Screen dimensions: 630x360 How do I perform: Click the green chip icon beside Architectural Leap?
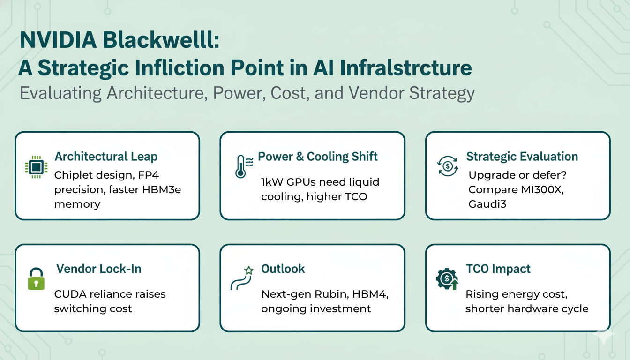click(x=36, y=167)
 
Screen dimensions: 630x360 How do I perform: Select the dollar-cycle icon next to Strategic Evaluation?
click(x=448, y=166)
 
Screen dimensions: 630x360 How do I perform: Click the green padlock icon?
click(x=36, y=279)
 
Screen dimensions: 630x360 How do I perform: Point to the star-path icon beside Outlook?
click(x=241, y=278)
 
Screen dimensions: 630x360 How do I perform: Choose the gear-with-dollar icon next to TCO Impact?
click(x=447, y=279)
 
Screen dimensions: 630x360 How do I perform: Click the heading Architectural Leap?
click(x=106, y=157)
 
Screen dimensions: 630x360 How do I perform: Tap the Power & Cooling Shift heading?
click(x=317, y=157)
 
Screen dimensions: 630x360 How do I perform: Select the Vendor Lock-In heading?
click(x=99, y=269)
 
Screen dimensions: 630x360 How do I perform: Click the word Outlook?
click(x=283, y=269)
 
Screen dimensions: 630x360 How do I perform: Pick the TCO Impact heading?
click(x=498, y=269)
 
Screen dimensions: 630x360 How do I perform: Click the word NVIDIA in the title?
click(x=59, y=40)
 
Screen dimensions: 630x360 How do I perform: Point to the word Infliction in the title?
click(x=180, y=68)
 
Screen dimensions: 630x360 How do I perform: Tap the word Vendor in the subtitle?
click(x=376, y=93)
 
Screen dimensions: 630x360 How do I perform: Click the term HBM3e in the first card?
click(x=161, y=189)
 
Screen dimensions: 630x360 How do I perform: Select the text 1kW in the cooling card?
click(x=272, y=182)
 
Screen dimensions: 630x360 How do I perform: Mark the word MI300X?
click(x=542, y=189)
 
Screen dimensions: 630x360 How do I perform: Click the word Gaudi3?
click(x=487, y=204)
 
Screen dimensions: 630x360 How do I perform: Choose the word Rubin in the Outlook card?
click(x=332, y=294)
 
